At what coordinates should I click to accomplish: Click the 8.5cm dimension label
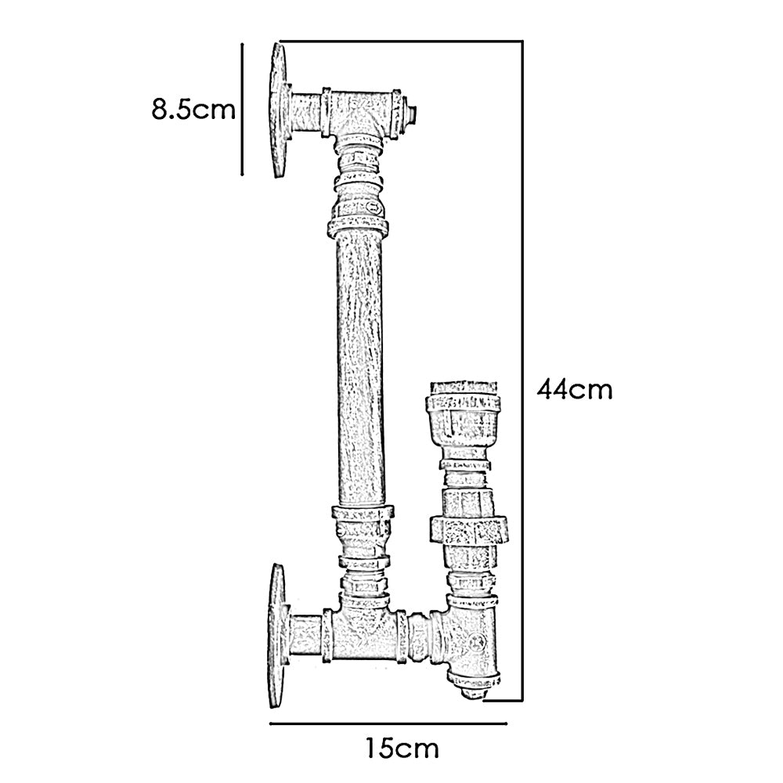pyautogui.click(x=193, y=108)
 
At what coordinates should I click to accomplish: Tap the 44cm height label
pyautogui.click(x=574, y=388)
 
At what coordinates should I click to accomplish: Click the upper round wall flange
pyautogui.click(x=278, y=109)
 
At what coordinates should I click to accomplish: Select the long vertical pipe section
pyautogui.click(x=362, y=368)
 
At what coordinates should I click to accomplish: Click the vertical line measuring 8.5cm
pyautogui.click(x=243, y=108)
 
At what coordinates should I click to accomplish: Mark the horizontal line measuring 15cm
pyautogui.click(x=389, y=723)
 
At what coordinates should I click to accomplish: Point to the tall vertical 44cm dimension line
pyautogui.click(x=522, y=368)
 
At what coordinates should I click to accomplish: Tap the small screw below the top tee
pyautogui.click(x=373, y=207)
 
